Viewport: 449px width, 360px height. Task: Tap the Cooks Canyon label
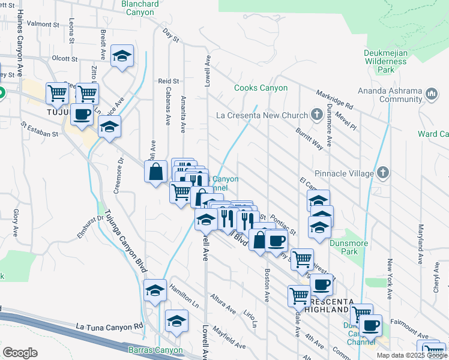261,88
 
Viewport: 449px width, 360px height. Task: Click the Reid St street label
169,81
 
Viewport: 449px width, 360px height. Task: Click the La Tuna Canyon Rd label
109,326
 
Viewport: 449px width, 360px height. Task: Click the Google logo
20,353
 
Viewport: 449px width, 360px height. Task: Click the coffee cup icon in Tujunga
82,113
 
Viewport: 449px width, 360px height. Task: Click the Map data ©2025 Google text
411,355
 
